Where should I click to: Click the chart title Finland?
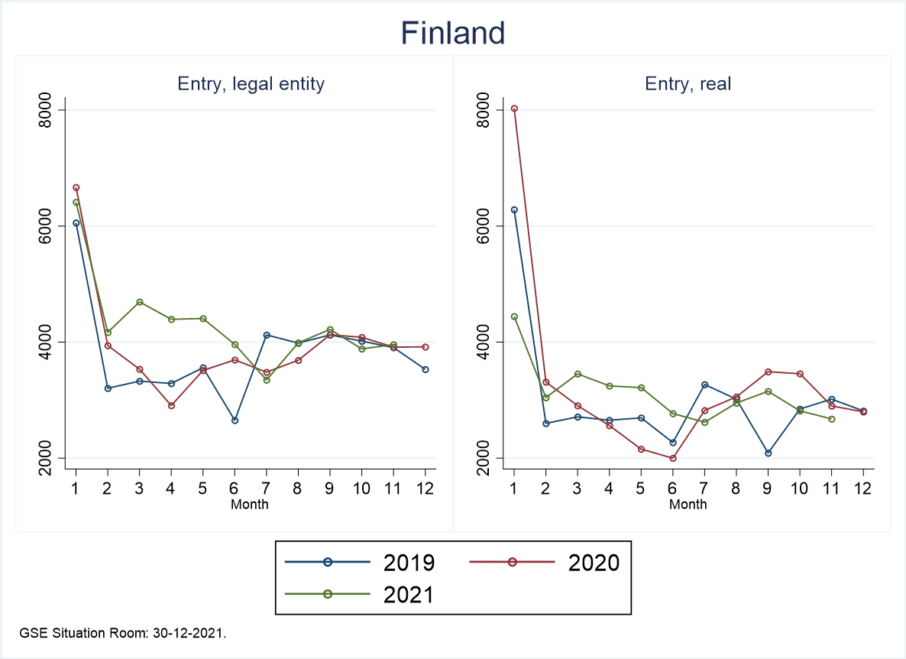point(453,34)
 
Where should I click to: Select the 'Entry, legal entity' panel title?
point(251,84)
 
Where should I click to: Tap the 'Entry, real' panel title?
point(688,84)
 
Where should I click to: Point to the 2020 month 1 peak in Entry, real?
point(514,109)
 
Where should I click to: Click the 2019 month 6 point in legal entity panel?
point(235,420)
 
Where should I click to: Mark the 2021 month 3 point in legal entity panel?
point(139,302)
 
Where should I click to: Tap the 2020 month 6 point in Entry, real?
point(672,458)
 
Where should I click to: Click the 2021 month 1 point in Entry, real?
point(514,317)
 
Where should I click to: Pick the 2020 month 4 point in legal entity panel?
point(171,406)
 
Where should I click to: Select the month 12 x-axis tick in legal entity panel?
point(425,489)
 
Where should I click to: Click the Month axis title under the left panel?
point(250,504)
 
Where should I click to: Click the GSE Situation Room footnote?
point(123,634)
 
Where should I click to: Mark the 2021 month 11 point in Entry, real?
point(831,419)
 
